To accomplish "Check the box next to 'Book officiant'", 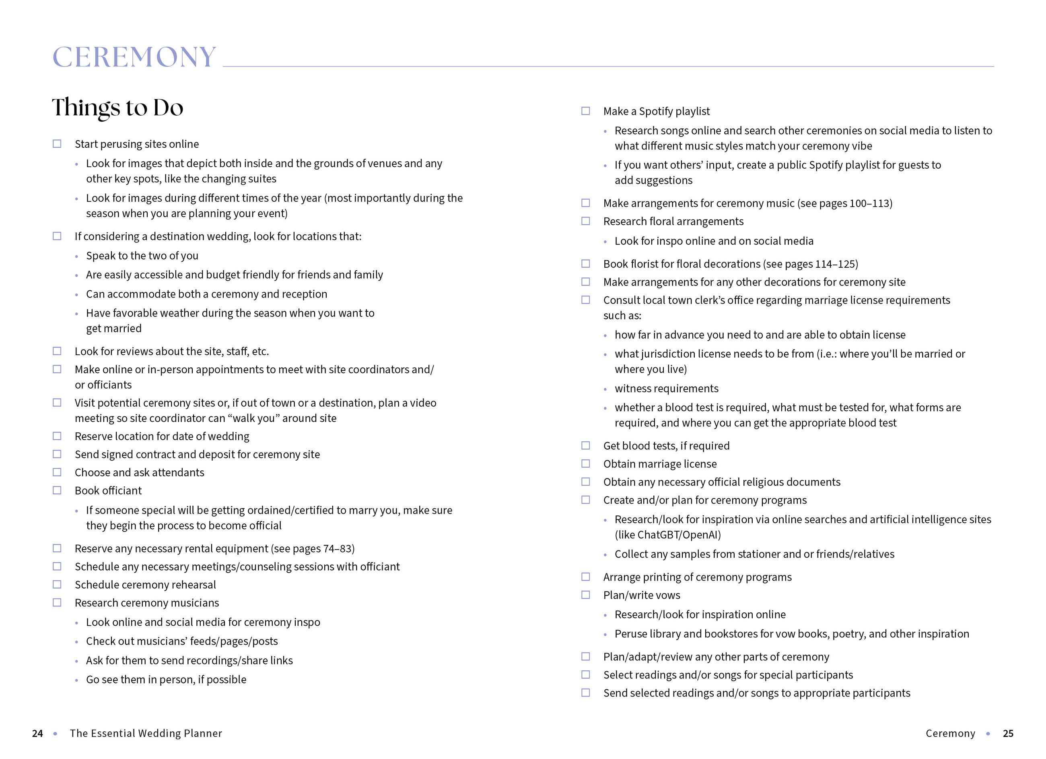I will tap(57, 490).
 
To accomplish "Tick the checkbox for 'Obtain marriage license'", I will tap(585, 463).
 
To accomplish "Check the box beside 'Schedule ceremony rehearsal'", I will tap(57, 585).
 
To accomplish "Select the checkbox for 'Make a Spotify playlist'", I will tap(585, 111).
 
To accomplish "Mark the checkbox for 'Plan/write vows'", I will tap(585, 595).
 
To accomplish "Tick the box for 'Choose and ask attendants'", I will tap(57, 472).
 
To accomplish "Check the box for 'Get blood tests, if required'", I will tap(585, 445).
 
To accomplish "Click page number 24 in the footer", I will tap(37, 733).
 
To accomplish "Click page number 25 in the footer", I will tap(1008, 733).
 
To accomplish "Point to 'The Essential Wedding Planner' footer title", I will tap(146, 733).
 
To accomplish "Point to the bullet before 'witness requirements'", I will tap(605, 390).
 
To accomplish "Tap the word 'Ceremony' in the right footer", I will tap(950, 733).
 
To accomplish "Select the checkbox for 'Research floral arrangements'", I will tap(585, 221).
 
